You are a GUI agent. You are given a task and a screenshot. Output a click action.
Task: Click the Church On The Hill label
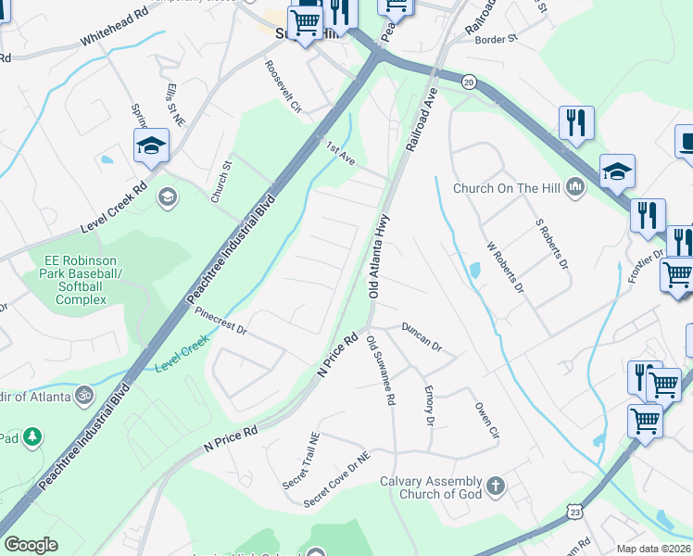click(506, 188)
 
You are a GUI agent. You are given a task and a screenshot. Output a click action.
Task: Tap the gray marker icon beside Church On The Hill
click(575, 188)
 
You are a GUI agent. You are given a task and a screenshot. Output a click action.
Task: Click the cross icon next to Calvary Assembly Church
click(496, 485)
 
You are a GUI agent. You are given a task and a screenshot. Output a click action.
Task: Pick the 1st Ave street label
click(340, 153)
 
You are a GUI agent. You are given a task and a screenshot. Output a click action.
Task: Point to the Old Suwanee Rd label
click(381, 373)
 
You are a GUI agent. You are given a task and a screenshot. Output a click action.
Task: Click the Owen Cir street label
click(486, 421)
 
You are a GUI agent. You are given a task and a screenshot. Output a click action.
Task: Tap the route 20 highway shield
click(469, 82)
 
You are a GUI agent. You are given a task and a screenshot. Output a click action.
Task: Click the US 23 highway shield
click(576, 511)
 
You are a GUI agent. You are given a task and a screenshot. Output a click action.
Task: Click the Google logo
click(31, 544)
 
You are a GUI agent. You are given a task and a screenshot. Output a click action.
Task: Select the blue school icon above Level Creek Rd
click(151, 145)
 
